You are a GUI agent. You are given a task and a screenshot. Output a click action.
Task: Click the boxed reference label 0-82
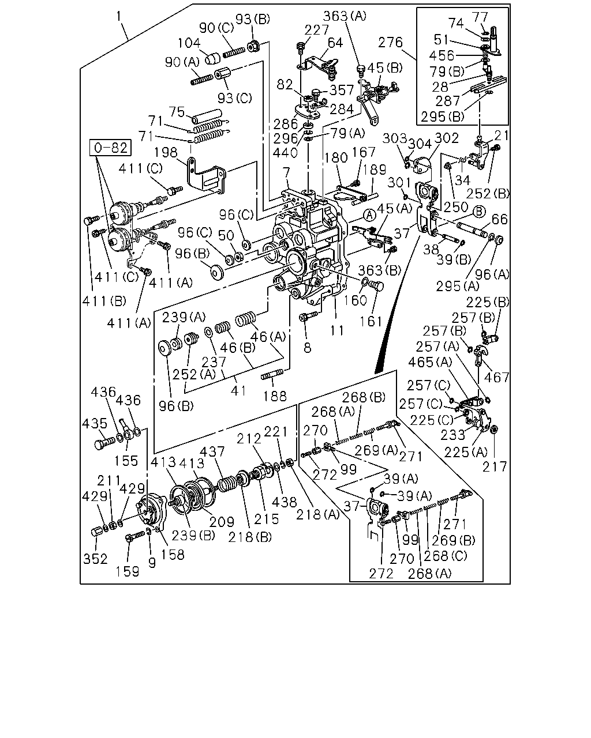click(110, 148)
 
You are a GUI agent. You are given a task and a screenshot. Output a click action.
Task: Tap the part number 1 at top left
click(119, 17)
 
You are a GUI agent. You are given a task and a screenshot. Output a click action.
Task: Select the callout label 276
click(391, 42)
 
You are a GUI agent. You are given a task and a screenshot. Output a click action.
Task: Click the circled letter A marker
click(369, 216)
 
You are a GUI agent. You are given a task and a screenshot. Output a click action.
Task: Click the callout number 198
click(166, 152)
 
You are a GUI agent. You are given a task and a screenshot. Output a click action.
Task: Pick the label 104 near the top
click(189, 43)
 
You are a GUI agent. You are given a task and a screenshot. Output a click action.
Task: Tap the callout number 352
click(95, 559)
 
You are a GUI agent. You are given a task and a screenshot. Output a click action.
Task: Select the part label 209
click(222, 522)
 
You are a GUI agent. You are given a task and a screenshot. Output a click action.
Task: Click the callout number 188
click(274, 396)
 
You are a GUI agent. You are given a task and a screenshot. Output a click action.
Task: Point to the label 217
click(495, 466)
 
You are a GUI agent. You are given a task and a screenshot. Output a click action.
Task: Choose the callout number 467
click(496, 377)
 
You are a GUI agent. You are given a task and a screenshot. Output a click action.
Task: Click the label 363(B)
click(379, 270)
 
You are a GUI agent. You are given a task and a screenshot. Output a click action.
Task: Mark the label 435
click(95, 424)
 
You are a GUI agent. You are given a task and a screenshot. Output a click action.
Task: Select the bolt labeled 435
click(104, 443)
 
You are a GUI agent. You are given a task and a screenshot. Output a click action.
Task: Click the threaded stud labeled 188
click(272, 375)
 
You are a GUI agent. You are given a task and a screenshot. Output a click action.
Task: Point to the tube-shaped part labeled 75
click(207, 116)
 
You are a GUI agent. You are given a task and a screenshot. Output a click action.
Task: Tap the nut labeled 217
click(494, 429)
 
